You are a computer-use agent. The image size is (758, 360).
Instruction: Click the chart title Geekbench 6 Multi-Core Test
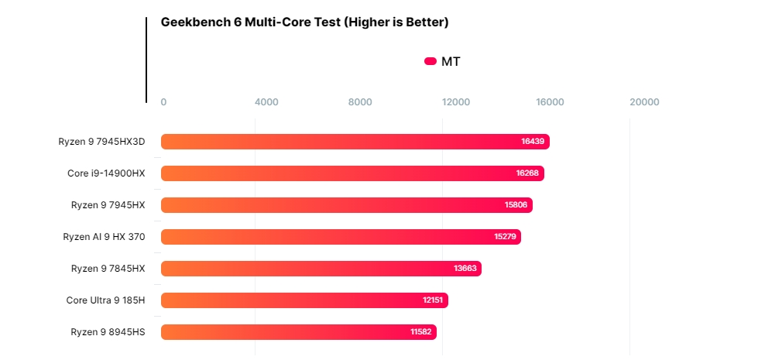304,22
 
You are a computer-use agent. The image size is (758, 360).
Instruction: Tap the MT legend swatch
430,62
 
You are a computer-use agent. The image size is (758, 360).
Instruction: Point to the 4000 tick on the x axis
266,102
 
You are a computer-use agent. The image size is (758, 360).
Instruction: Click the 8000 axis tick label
360,102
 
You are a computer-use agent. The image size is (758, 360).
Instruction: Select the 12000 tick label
456,102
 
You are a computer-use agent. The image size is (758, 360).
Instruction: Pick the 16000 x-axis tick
550,102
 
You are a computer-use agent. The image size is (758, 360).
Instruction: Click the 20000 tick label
644,102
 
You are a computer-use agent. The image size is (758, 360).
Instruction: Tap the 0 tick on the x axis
163,102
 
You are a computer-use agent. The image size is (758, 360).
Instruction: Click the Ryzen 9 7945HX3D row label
101,142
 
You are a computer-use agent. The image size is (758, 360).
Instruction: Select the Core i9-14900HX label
106,173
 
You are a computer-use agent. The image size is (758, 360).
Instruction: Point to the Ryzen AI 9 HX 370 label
104,236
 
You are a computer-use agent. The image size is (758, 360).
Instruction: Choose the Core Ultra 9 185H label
105,300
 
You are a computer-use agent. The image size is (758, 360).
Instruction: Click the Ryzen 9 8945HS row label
108,331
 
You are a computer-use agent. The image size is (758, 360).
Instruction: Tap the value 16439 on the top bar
533,142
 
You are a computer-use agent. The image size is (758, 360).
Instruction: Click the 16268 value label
528,173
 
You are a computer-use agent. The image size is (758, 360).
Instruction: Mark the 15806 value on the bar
516,205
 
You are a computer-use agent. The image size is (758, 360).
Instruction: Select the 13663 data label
465,268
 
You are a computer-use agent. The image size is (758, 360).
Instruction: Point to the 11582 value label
421,331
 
